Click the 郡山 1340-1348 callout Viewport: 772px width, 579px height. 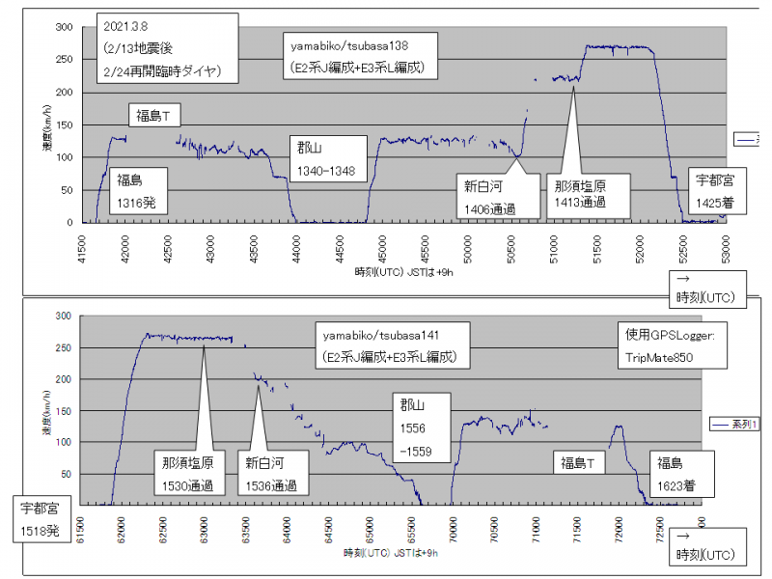pos(328,158)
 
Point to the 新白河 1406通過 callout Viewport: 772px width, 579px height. pos(488,197)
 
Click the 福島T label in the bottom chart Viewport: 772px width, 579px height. pos(579,464)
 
